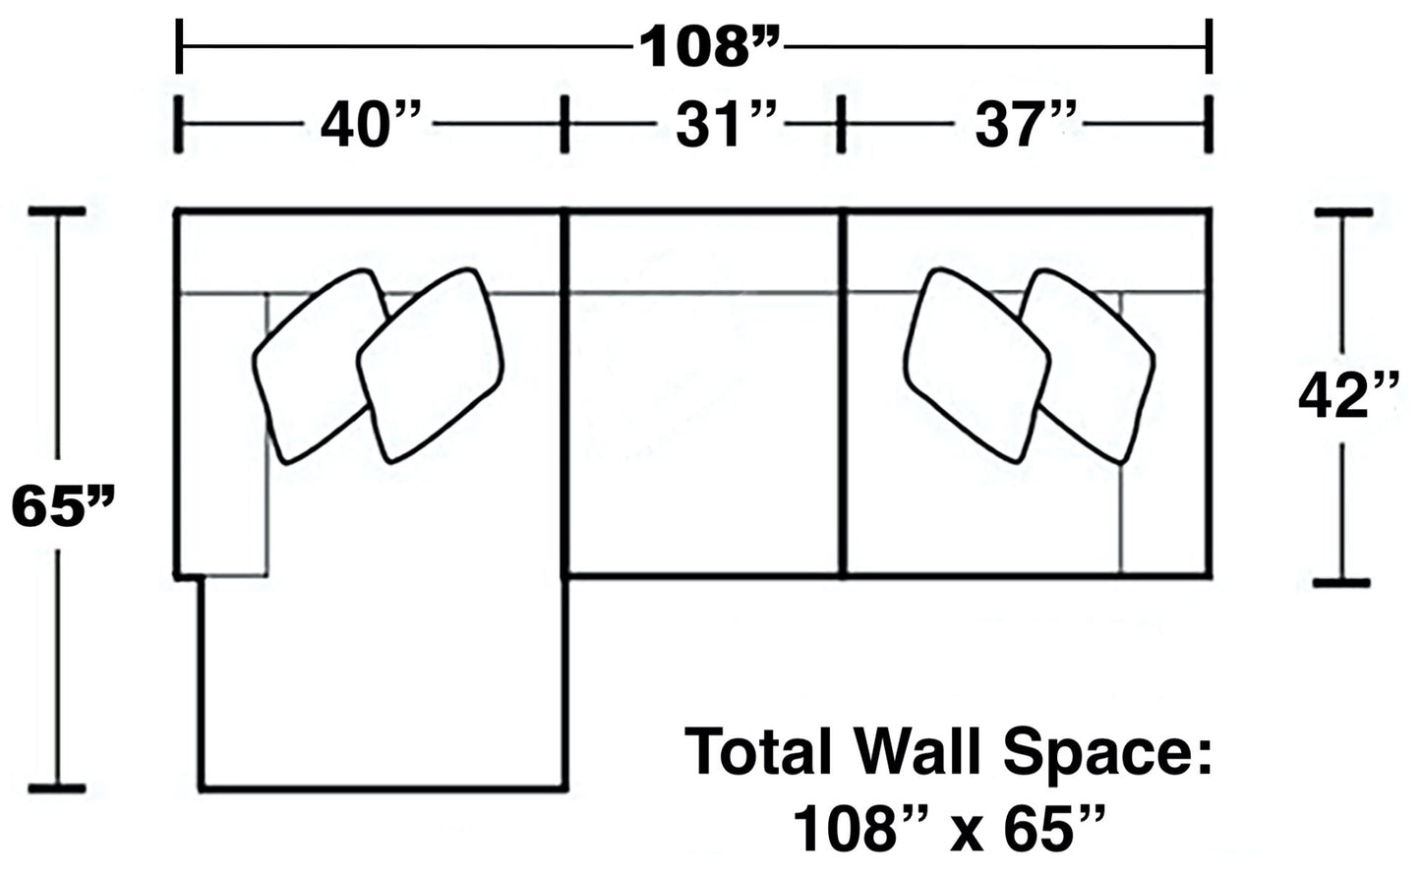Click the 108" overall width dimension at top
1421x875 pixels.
coord(709,46)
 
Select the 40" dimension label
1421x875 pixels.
coord(370,126)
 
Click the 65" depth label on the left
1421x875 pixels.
coord(63,506)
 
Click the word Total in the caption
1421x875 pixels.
coord(758,752)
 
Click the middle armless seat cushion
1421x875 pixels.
coord(704,433)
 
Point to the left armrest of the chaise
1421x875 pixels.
coord(222,433)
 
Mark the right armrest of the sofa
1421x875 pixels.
coord(1164,433)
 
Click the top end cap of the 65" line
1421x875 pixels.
coord(56,211)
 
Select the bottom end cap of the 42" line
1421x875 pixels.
coord(1341,583)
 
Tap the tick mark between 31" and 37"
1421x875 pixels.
coord(841,125)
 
